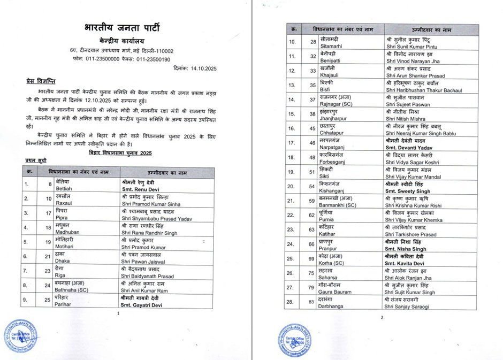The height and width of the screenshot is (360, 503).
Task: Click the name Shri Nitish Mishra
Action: [405, 121]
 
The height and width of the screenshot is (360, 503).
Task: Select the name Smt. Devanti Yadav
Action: [408, 150]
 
